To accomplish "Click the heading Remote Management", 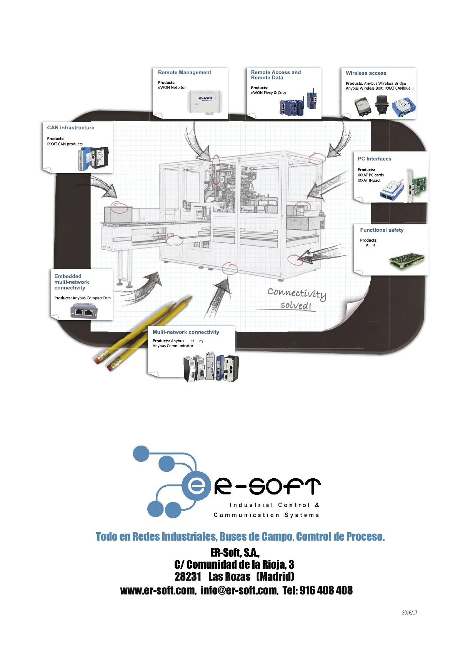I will (x=185, y=72).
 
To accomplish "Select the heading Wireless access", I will (x=366, y=73).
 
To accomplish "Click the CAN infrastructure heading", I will (x=70, y=128).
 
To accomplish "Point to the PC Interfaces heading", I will (x=374, y=159).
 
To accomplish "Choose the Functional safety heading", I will (x=381, y=230).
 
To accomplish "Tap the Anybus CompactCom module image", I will (x=84, y=311).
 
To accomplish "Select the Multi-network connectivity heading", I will (x=186, y=332).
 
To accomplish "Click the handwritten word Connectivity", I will (x=296, y=294).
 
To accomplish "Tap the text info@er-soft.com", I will (x=239, y=590).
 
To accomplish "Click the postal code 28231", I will (x=188, y=576).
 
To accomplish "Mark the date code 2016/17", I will (x=410, y=612).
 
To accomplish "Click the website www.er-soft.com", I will (x=158, y=590).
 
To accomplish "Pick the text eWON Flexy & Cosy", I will (x=268, y=93).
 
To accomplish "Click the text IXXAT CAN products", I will (x=65, y=144).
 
